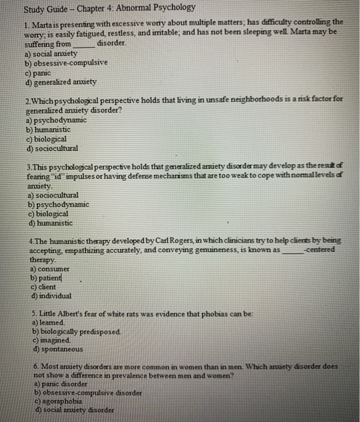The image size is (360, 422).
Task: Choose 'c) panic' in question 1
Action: (x=39, y=72)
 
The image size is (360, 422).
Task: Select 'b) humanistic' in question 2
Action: (x=48, y=130)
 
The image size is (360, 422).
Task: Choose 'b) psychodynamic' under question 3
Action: (x=57, y=204)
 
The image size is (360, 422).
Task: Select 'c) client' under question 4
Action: (x=48, y=287)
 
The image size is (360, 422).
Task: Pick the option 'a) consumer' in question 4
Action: (x=51, y=268)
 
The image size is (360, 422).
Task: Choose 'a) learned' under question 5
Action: (x=46, y=323)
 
